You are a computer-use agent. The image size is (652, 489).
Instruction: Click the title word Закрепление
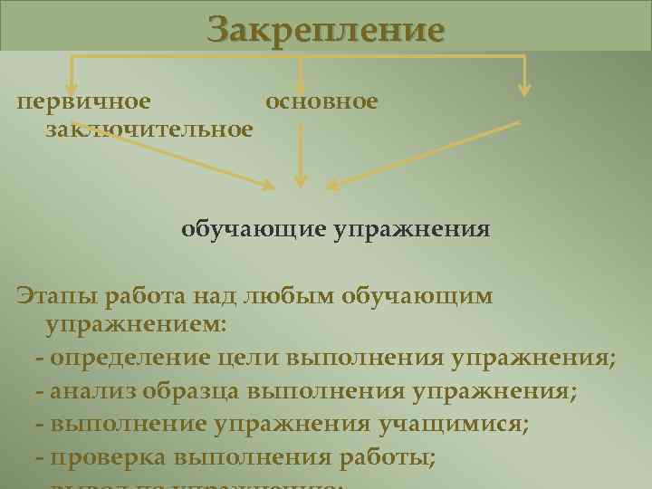tap(326, 30)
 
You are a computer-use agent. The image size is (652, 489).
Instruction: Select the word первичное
tap(84, 101)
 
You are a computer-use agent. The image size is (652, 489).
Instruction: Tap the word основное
tap(321, 101)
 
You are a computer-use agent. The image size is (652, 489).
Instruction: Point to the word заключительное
tap(149, 130)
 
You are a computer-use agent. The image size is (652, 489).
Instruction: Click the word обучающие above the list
tap(253, 228)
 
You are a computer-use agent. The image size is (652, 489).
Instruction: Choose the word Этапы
tap(56, 296)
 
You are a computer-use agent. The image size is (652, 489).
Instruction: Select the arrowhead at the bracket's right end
tap(524, 88)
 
